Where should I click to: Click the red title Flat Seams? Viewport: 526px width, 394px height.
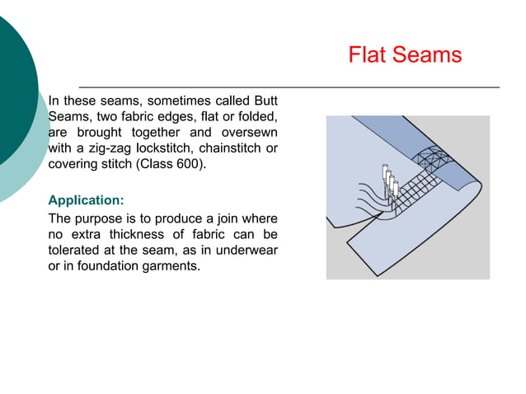(x=405, y=55)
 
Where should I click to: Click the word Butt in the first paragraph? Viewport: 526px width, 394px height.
(x=262, y=100)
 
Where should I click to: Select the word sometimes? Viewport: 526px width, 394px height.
(x=181, y=100)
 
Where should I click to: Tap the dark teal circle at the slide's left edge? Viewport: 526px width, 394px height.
(x=12, y=91)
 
